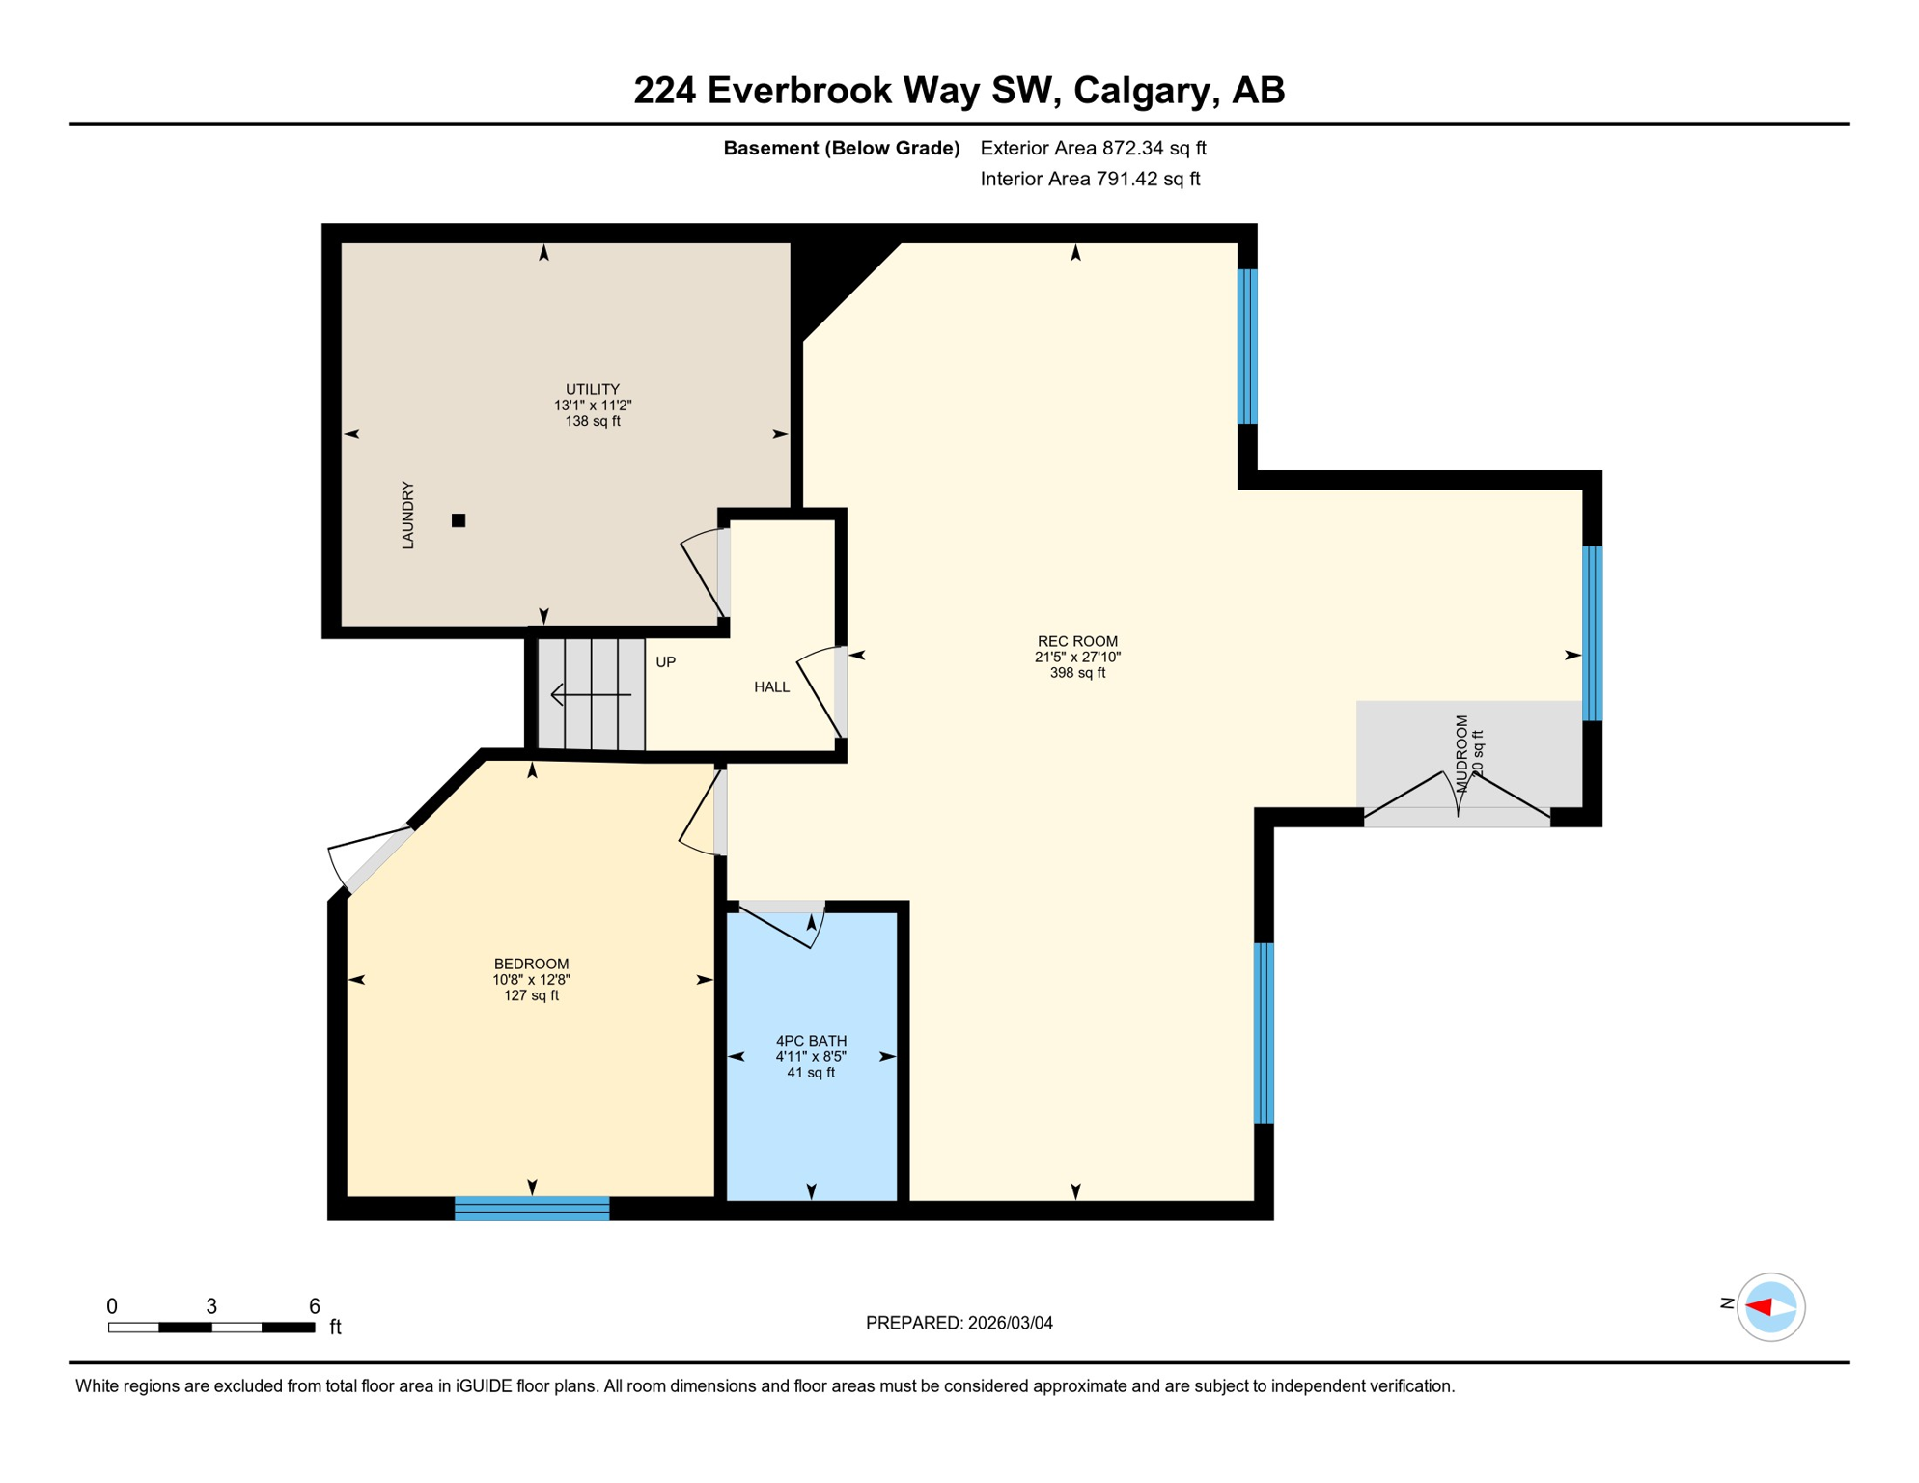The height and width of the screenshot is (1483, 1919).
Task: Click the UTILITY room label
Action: click(592, 389)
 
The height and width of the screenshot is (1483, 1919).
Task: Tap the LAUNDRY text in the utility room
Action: click(407, 516)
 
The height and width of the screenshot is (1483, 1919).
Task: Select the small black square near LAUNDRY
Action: click(459, 520)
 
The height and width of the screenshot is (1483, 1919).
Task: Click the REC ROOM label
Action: click(1077, 641)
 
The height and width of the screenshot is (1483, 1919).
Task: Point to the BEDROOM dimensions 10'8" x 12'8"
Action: click(531, 979)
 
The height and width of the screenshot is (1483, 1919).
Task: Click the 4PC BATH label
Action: click(811, 1041)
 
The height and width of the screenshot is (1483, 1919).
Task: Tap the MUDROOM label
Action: click(1461, 754)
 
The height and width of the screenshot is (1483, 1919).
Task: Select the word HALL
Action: click(771, 687)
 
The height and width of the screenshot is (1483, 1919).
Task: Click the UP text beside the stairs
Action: click(665, 662)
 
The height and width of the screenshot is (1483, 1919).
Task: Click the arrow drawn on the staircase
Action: click(590, 694)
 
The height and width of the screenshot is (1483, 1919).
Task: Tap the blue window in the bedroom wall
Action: click(532, 1209)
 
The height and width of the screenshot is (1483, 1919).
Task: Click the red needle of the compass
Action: click(1758, 1307)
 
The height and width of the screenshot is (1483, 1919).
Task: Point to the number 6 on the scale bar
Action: click(314, 1306)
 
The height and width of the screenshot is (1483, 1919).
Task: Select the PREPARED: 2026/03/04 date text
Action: click(959, 1323)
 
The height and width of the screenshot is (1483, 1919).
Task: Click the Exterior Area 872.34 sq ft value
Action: click(1093, 148)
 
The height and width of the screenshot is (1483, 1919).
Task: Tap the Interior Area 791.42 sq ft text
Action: click(1090, 179)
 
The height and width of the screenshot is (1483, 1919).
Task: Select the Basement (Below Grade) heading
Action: click(841, 148)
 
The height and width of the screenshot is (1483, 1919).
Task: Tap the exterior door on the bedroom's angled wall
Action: click(372, 861)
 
